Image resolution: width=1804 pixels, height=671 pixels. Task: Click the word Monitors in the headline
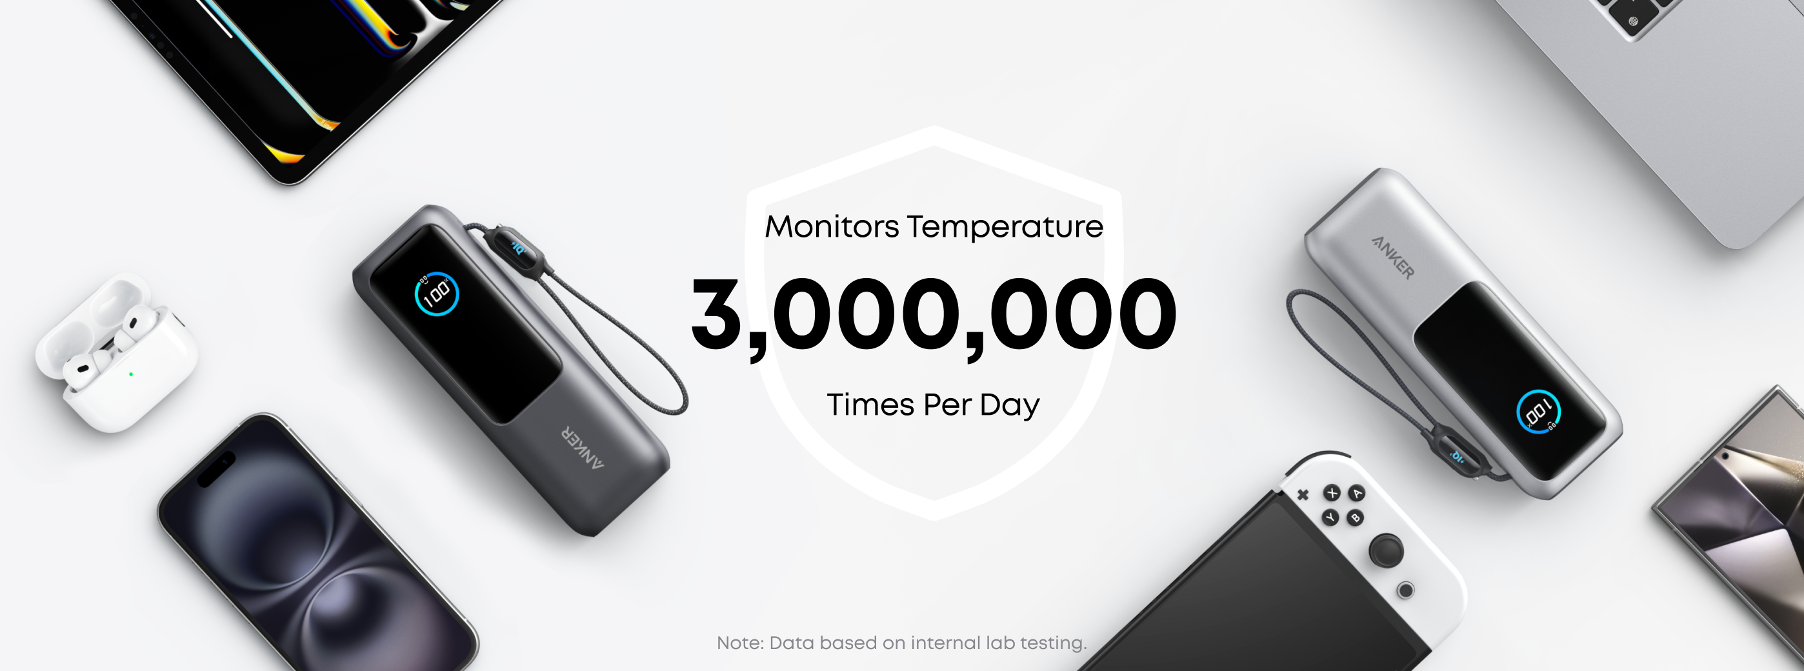(x=831, y=226)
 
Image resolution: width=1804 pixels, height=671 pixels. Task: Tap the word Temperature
(x=1005, y=228)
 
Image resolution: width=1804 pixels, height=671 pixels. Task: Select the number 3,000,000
(x=934, y=314)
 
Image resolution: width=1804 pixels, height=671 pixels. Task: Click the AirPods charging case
(x=116, y=352)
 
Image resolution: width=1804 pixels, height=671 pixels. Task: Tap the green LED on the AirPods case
(x=131, y=374)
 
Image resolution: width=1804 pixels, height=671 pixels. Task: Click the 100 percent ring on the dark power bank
(x=436, y=294)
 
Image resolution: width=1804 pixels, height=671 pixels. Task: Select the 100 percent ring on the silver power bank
(x=1538, y=411)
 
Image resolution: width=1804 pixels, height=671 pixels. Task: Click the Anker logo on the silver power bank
(x=1392, y=257)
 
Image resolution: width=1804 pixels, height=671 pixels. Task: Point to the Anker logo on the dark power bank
(x=581, y=446)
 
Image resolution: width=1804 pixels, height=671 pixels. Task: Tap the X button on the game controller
(x=1331, y=493)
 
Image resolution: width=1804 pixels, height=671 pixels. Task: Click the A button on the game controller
(x=1358, y=493)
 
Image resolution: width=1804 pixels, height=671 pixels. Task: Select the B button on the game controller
(x=1355, y=518)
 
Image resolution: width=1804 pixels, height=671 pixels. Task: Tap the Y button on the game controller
(x=1330, y=517)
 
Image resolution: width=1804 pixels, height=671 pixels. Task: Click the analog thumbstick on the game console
(x=1386, y=550)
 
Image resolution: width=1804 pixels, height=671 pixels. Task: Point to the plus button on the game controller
(x=1303, y=494)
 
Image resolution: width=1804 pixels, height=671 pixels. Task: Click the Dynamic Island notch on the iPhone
(x=216, y=469)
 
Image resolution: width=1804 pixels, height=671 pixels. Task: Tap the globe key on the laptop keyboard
(x=1632, y=21)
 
